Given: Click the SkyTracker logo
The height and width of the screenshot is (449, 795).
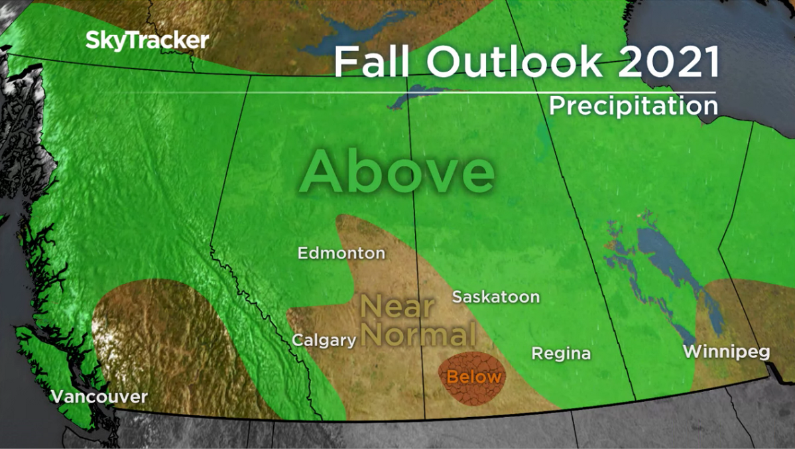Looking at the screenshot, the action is (147, 40).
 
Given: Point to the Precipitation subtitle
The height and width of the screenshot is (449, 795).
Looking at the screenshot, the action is (633, 106).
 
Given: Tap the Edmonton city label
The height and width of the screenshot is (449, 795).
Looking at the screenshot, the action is (341, 253).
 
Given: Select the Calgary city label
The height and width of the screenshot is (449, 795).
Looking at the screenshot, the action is (324, 340).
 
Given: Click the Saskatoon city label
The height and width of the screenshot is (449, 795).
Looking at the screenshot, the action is (495, 296).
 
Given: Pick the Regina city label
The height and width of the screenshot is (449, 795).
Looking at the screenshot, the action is (561, 353).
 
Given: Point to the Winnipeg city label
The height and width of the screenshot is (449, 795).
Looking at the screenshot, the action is (726, 351).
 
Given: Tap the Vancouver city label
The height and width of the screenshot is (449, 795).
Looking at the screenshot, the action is (99, 397).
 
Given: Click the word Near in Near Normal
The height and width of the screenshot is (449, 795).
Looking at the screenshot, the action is (397, 307).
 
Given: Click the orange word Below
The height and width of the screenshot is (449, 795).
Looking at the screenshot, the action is (473, 377).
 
